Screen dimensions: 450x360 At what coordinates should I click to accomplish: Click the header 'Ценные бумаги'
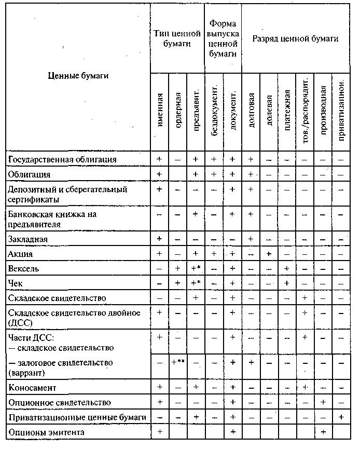point(78,76)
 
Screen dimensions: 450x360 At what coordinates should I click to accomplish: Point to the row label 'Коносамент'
point(33,387)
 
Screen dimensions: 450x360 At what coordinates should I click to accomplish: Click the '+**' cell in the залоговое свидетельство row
point(178,362)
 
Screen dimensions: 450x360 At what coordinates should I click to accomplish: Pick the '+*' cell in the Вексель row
point(196,269)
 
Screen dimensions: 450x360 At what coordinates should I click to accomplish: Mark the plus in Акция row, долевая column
point(269,254)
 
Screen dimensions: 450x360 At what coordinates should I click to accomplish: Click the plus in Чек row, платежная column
point(287,283)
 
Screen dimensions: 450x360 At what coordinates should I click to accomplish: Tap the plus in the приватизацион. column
point(341,417)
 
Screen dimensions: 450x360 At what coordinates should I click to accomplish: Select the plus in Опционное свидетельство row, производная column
point(323,402)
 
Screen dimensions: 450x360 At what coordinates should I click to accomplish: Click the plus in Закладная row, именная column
point(160,239)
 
